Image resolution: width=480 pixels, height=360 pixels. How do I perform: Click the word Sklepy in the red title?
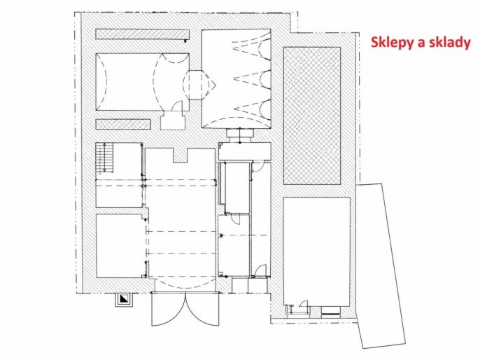point(392,42)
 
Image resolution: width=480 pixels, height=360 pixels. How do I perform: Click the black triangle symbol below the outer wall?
point(124,299)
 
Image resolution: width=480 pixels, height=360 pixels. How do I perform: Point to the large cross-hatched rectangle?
point(312,116)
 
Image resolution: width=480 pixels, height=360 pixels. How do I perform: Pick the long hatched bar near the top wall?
point(142,34)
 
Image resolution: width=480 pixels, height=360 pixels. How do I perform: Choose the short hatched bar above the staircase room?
point(123,124)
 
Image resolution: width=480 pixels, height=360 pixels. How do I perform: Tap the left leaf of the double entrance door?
point(169,310)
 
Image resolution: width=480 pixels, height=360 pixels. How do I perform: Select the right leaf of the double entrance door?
point(203,310)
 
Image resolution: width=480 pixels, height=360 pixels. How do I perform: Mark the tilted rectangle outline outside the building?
point(381,266)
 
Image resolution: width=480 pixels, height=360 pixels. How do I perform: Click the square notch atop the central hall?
point(181,155)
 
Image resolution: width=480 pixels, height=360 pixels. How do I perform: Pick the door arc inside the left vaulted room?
point(178,106)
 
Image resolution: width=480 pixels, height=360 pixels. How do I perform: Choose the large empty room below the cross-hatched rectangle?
point(317,251)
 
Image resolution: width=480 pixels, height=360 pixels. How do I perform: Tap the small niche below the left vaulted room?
point(173,120)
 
